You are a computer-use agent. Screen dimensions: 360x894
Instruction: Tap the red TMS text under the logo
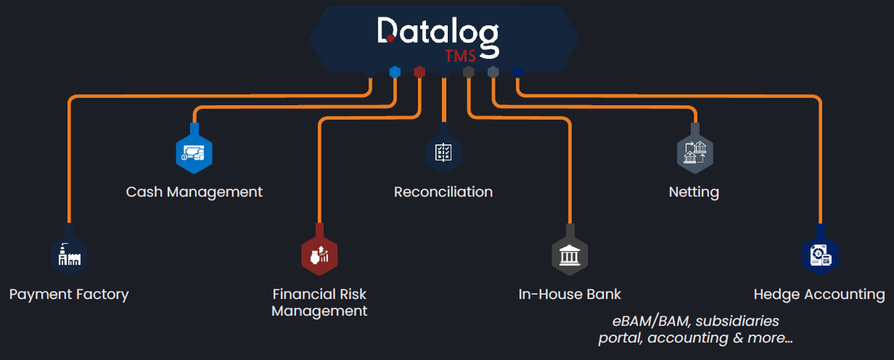(460, 57)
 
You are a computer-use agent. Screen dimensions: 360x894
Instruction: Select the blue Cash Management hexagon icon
(194, 152)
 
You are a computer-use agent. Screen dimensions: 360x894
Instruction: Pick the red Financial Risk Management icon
(320, 254)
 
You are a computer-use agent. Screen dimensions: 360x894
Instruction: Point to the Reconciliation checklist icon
(443, 151)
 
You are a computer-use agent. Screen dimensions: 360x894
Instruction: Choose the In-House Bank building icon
(570, 254)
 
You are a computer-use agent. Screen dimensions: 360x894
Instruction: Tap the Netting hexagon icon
(695, 152)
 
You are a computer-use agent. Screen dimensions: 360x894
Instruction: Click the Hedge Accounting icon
(820, 254)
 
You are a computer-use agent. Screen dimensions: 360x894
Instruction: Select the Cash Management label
(194, 192)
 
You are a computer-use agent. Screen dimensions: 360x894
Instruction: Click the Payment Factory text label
(69, 294)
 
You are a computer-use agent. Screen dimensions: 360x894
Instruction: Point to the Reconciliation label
(443, 192)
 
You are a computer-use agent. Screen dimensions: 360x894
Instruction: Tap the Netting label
(694, 192)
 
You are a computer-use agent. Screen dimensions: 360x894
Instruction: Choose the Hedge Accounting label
(819, 294)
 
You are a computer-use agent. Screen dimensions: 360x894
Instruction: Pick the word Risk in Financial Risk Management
(349, 294)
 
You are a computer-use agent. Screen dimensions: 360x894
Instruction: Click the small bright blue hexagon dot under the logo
(396, 72)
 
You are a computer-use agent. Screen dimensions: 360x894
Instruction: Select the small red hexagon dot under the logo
(420, 72)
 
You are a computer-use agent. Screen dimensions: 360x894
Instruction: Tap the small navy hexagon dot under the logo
(517, 72)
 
